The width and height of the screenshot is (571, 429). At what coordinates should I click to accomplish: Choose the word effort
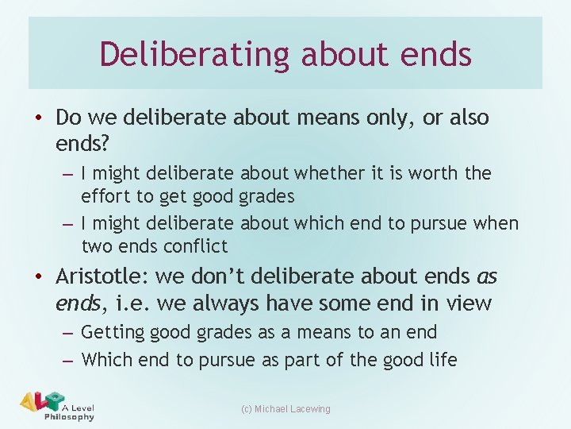click(110, 196)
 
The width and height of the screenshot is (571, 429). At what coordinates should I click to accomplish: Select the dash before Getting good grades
click(69, 333)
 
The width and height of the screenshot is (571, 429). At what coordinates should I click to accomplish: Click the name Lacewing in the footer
click(309, 408)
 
